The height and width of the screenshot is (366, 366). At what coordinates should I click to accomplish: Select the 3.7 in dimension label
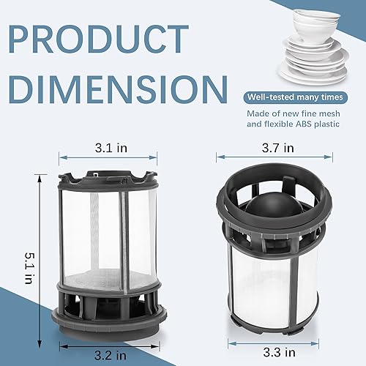[277, 147]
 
